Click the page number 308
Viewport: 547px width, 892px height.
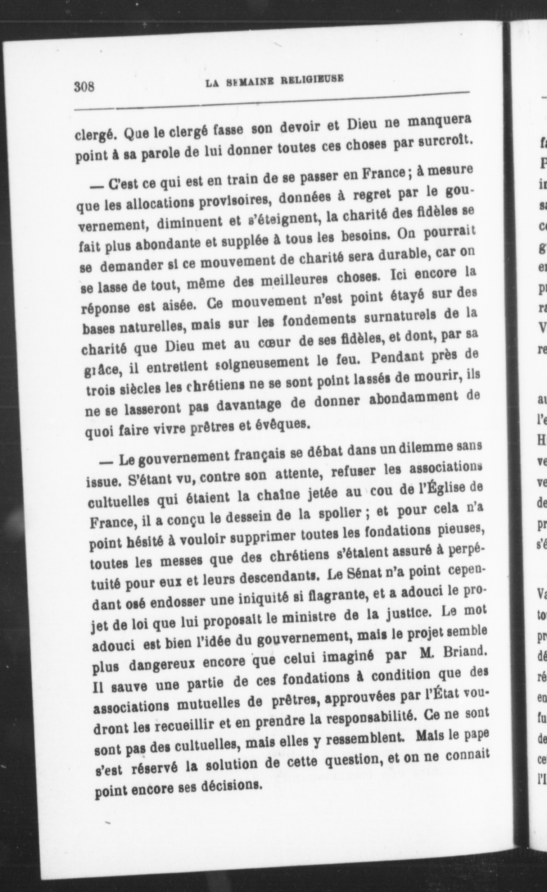[x=85, y=88]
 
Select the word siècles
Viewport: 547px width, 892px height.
[x=133, y=391]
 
